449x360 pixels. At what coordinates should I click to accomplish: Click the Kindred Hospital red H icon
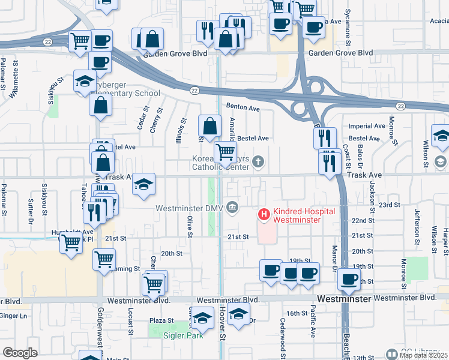(x=263, y=213)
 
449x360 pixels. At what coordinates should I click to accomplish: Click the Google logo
(x=20, y=353)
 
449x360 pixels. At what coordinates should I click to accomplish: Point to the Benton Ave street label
(x=243, y=109)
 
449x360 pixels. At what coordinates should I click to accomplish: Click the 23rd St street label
(x=388, y=205)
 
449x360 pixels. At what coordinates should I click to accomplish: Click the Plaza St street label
(x=161, y=321)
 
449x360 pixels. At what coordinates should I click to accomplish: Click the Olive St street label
(x=189, y=226)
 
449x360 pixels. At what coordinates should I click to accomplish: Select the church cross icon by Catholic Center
(x=258, y=161)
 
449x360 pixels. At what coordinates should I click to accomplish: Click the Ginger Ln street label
(x=15, y=316)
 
